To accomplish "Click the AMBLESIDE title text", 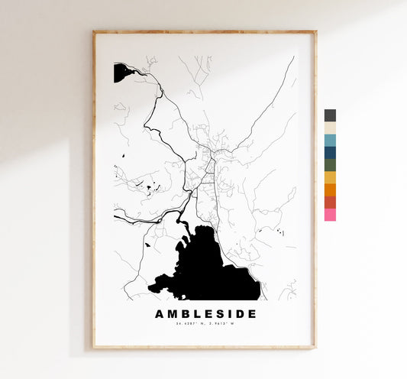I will click(205, 314).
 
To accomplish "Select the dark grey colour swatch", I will click(330, 115).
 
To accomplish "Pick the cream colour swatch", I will click(330, 128).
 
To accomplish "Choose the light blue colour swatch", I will click(330, 140).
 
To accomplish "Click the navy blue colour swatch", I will click(330, 152).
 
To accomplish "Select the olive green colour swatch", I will click(330, 165).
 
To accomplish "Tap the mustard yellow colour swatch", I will click(330, 177).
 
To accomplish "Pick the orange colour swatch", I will click(330, 189).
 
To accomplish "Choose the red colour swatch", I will click(330, 202).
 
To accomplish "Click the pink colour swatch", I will click(330, 215).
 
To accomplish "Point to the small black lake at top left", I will click(122, 73).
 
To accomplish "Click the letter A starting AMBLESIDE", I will click(160, 314).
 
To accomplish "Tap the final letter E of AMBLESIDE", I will click(252, 314).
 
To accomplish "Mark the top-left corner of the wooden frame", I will click(94, 32).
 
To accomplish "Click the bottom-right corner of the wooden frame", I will click(315, 348).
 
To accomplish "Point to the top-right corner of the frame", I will click(315, 32).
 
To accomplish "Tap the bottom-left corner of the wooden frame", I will click(94, 348).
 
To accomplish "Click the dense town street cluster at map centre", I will click(206, 157).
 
